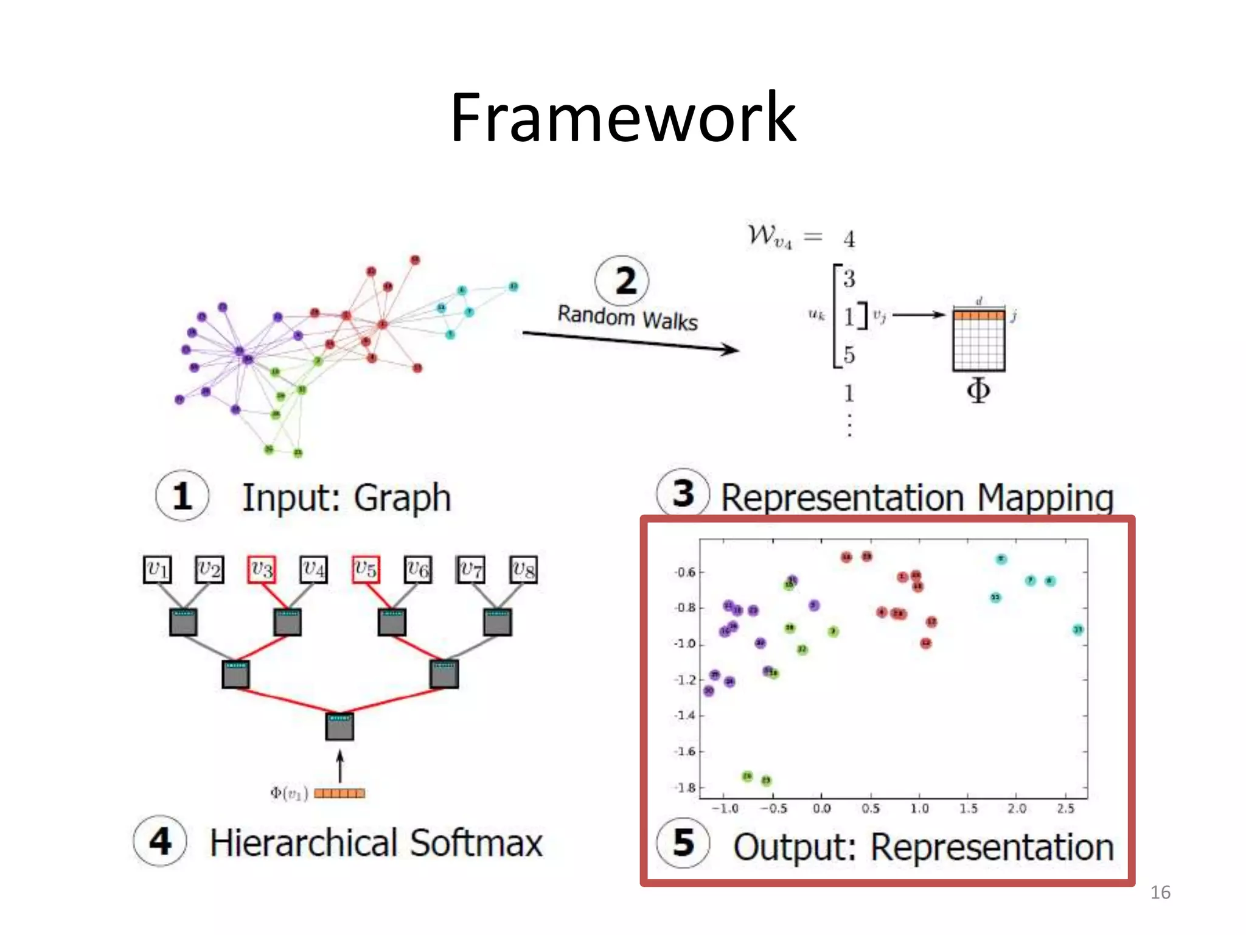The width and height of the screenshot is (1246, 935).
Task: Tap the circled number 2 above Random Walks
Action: point(622,281)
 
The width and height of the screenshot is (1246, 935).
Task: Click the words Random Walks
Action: point(627,318)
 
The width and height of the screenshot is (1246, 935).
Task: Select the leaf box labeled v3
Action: point(262,570)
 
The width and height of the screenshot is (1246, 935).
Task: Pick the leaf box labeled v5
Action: point(366,570)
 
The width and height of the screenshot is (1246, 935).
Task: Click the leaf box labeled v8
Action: point(523,570)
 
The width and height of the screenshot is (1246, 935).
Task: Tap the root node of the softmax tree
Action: point(339,727)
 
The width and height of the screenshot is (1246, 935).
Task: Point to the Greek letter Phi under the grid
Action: point(978,390)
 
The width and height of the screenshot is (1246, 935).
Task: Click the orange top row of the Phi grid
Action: point(978,315)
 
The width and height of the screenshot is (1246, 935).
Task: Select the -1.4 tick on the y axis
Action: point(685,715)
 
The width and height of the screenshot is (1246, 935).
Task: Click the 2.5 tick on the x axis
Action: point(1065,808)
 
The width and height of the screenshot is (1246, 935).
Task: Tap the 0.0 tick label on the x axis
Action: point(821,808)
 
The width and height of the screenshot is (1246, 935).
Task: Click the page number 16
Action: point(1160,892)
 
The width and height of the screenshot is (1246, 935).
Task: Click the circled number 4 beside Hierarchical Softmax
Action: point(160,842)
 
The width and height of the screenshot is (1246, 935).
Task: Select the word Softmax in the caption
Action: point(476,843)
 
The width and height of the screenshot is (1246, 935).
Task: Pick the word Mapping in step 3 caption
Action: point(1045,498)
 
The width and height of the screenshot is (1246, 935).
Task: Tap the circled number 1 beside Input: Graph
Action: point(182,496)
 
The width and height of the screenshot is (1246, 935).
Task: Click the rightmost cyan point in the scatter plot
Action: point(1077,629)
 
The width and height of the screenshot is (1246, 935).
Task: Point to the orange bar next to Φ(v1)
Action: point(339,793)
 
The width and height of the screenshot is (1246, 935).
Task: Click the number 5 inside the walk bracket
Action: point(849,355)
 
